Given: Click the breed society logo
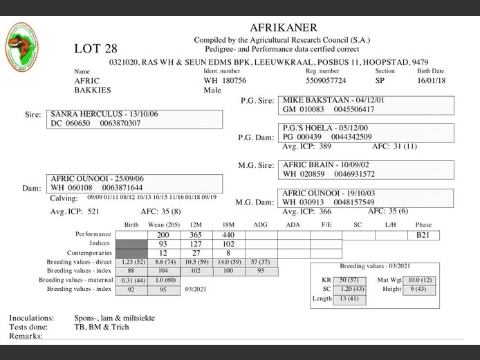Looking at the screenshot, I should (x=22, y=47).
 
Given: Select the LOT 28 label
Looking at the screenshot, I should (x=95, y=48).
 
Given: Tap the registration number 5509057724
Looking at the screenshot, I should (x=326, y=81).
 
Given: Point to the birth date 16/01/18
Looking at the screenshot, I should (x=432, y=81).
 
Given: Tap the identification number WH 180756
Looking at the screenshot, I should (x=225, y=81).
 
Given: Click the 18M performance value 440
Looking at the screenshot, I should (x=228, y=236).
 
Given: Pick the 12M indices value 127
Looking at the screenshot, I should (x=196, y=244).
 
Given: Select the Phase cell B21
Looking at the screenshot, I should (x=423, y=236).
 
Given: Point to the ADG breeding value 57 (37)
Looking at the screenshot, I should (x=260, y=263).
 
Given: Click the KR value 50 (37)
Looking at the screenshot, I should (x=348, y=280).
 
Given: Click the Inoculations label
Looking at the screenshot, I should (x=31, y=319).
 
